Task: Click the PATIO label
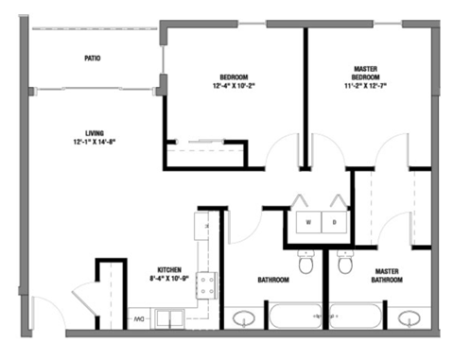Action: pyautogui.click(x=92, y=59)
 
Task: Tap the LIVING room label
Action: pyautogui.click(x=92, y=132)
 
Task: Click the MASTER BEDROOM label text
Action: pyautogui.click(x=365, y=73)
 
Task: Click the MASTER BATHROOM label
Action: pyautogui.click(x=385, y=275)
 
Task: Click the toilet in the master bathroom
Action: pyautogui.click(x=345, y=262)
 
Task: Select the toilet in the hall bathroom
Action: pyautogui.click(x=306, y=262)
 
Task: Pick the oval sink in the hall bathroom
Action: pyautogui.click(x=243, y=317)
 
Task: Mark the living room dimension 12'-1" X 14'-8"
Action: pyautogui.click(x=92, y=143)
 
